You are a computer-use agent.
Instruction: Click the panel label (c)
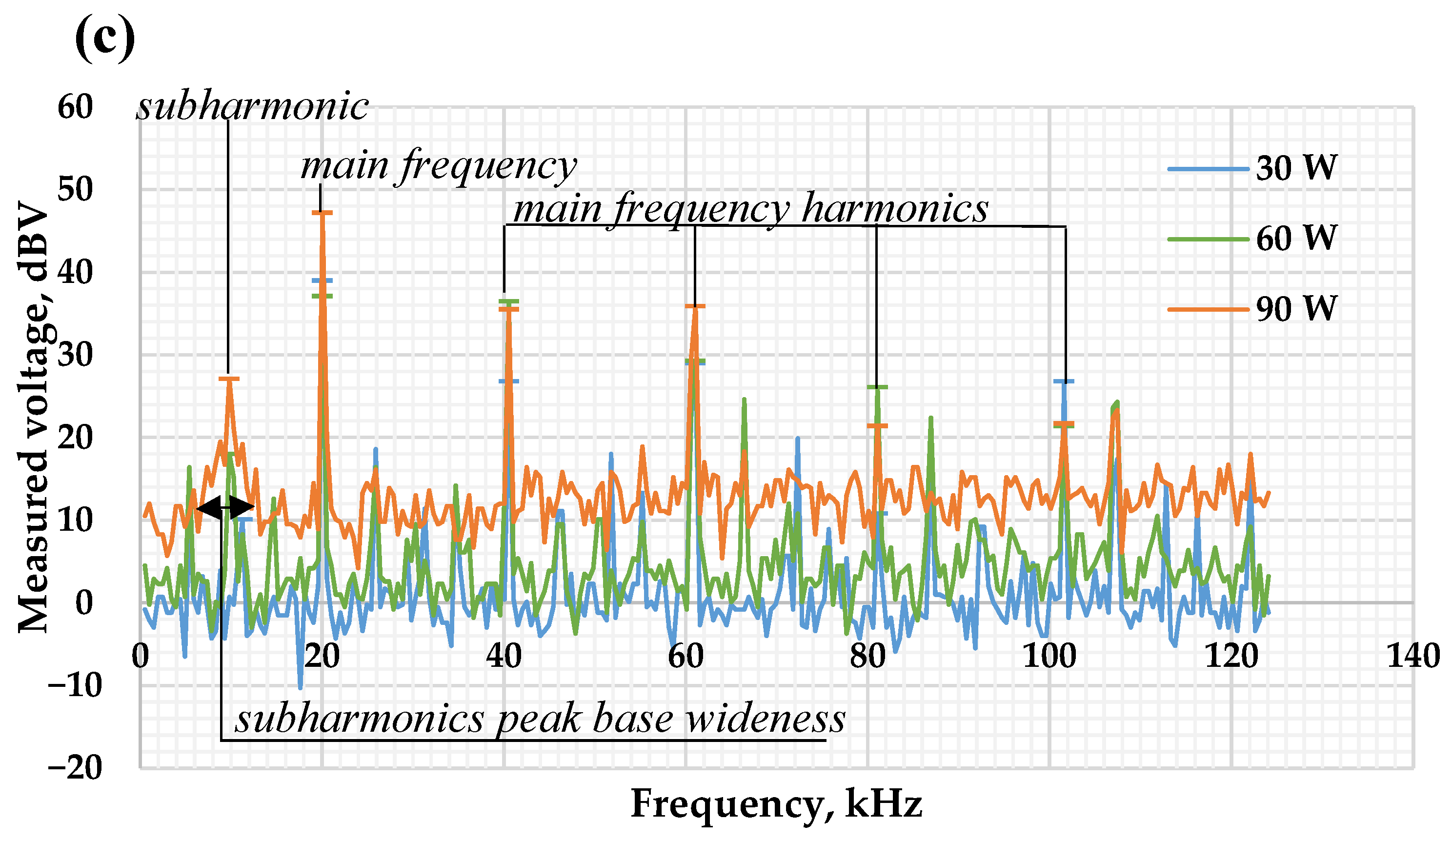pos(105,39)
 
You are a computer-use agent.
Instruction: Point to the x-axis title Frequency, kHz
pos(776,803)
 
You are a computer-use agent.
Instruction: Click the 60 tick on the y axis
pos(75,107)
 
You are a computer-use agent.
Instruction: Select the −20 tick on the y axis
pos(75,768)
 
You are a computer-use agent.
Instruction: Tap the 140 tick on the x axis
pos(1413,657)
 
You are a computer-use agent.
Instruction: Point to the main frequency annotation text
pos(439,166)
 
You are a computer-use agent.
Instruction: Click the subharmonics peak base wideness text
pos(540,720)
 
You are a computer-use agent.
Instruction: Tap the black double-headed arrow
pos(225,507)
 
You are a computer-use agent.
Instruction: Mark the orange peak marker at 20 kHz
pos(322,213)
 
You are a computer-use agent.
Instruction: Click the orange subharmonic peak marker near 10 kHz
pos(229,379)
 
